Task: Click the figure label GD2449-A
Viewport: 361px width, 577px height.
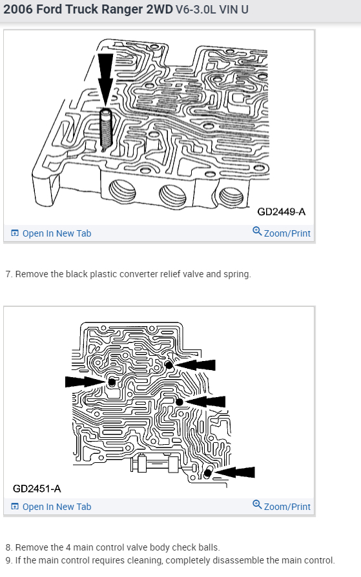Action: pos(282,211)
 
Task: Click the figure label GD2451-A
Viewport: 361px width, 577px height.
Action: pos(37,488)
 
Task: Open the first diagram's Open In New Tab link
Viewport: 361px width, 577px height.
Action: pos(51,233)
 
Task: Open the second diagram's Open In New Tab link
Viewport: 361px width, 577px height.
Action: pos(51,507)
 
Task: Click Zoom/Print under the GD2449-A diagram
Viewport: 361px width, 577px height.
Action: pos(282,233)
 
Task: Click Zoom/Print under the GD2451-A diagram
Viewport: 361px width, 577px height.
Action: pos(282,506)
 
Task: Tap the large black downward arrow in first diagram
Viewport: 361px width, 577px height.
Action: pos(105,79)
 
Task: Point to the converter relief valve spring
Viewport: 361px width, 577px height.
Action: pos(106,130)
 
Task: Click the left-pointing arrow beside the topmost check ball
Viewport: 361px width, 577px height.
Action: pos(194,365)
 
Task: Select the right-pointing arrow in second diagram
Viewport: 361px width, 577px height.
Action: pos(85,382)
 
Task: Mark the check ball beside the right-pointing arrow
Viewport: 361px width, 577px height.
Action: pos(112,382)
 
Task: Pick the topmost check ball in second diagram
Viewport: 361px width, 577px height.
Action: pos(169,365)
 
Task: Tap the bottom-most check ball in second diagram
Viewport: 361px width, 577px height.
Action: pos(207,473)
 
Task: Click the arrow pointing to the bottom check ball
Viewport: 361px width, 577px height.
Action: pos(234,472)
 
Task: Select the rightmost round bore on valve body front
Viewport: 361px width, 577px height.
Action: pos(231,197)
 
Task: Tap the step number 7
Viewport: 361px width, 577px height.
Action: pos(8,274)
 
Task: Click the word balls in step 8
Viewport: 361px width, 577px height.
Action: pos(209,547)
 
